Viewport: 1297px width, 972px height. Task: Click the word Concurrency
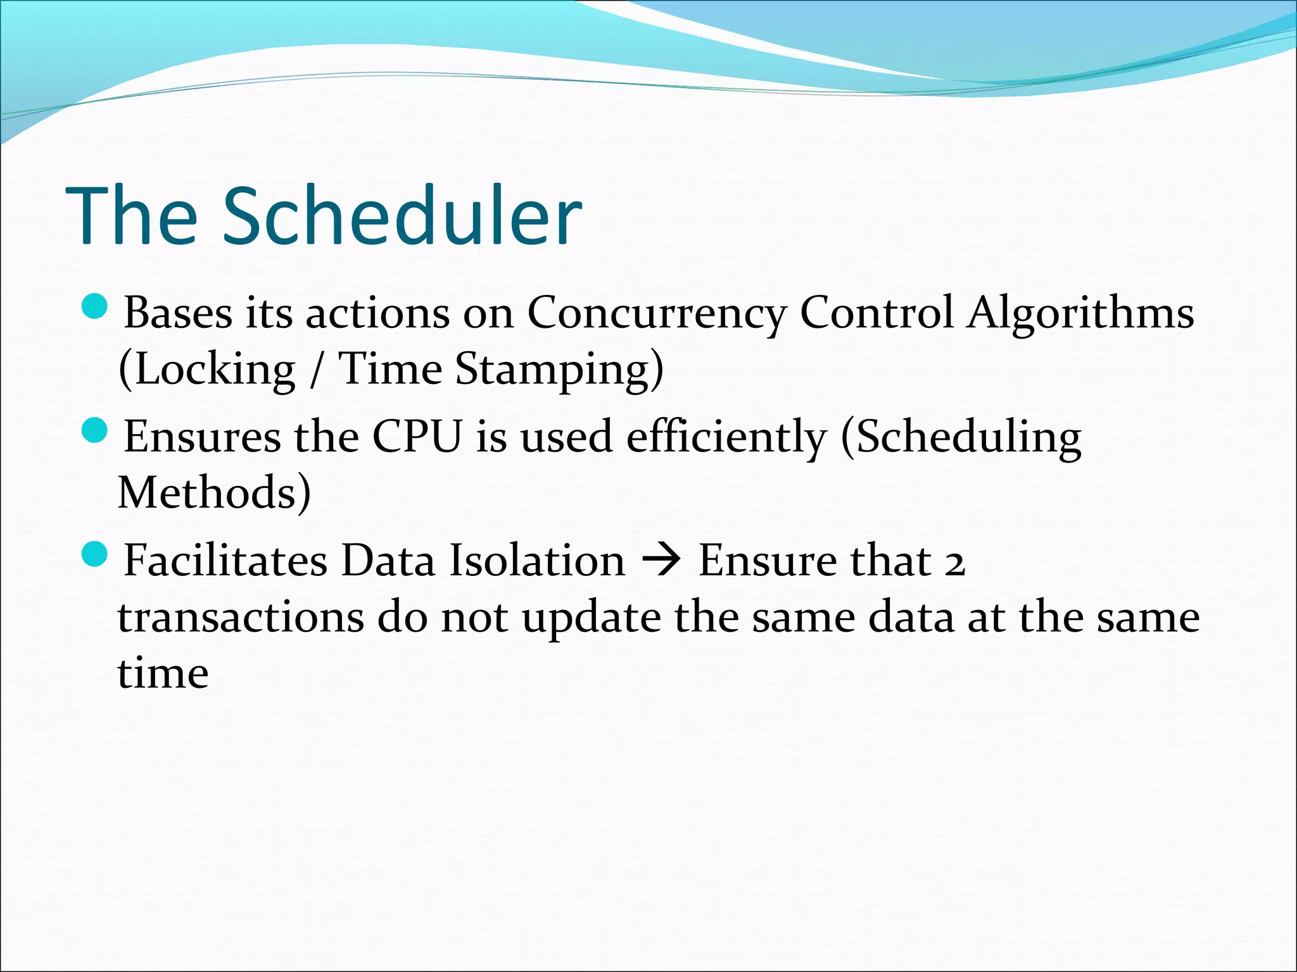pos(656,313)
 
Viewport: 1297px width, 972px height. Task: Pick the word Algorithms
pos(1079,313)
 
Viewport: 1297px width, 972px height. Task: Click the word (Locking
pos(206,370)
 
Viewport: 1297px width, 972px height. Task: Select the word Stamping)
pos(559,370)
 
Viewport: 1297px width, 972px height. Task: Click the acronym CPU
pos(417,437)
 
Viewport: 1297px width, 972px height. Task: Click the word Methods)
pos(214,493)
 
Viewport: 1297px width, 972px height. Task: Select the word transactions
pos(241,618)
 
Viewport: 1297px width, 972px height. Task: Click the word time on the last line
pos(163,673)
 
